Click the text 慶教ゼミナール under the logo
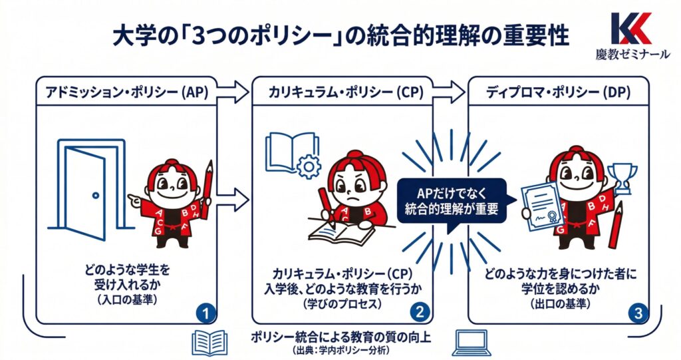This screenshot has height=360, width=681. click(x=632, y=55)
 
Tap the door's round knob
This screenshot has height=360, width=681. click(x=96, y=196)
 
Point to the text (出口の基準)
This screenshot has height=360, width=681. click(x=560, y=304)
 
